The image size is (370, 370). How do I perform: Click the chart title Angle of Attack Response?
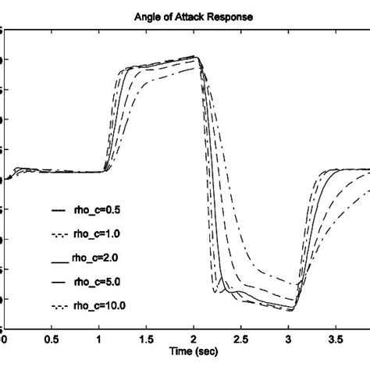pyautogui.click(x=186, y=16)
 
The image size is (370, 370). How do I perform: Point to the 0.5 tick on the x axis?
pyautogui.click(x=51, y=340)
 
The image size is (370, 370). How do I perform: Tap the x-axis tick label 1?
pyautogui.click(x=99, y=340)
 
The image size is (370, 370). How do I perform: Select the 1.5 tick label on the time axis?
pyautogui.click(x=146, y=340)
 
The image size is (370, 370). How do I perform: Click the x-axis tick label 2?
pyautogui.click(x=194, y=340)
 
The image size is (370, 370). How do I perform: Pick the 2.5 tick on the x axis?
pyautogui.click(x=242, y=340)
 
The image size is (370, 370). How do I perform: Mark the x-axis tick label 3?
pyautogui.click(x=290, y=340)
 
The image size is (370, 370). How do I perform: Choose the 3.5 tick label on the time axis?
pyautogui.click(x=336, y=340)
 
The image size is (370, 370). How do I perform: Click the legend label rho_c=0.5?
pyautogui.click(x=96, y=211)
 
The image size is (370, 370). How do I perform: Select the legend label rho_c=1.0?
pyautogui.click(x=96, y=233)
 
